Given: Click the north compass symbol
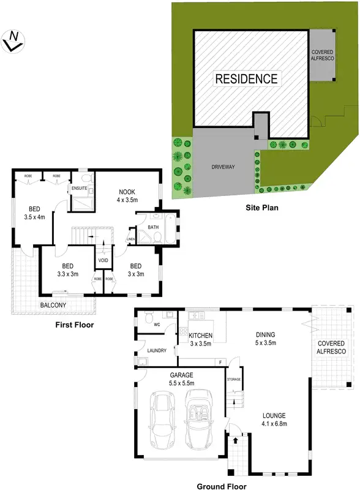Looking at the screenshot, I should pos(12,41).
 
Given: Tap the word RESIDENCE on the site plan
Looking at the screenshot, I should pos(246,78).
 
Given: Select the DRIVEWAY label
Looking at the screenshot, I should pos(223,167).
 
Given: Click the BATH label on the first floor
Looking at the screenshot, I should pos(153,227).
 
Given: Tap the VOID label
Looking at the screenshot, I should pos(103,260).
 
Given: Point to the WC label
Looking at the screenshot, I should pos(157,325).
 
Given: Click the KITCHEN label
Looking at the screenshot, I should pos(200,336).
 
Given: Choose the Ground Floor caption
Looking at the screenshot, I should pos(221,486).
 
